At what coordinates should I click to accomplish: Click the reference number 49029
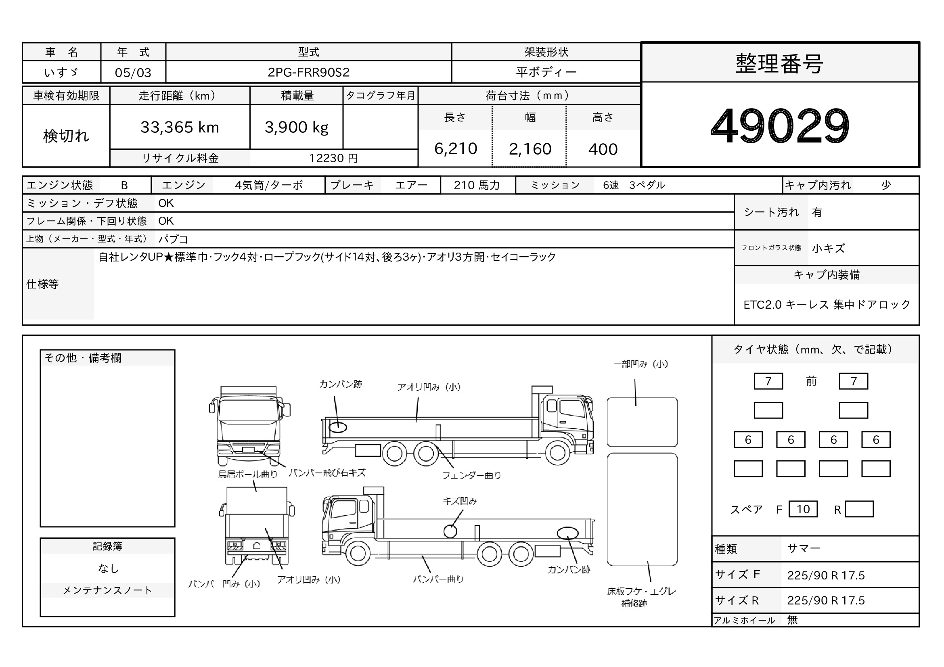coord(780,125)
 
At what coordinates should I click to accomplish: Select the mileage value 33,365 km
coord(180,128)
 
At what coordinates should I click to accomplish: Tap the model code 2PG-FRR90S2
coord(308,72)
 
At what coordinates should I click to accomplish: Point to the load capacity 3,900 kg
coord(297,128)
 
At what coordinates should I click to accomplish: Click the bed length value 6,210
coord(456,148)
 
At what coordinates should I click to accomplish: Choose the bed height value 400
coord(603,149)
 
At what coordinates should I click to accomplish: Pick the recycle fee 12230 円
coord(333,158)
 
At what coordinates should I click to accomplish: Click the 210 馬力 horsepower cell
coord(477,185)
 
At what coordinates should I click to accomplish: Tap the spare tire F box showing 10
coord(803,509)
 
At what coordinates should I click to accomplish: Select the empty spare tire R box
coord(859,509)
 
